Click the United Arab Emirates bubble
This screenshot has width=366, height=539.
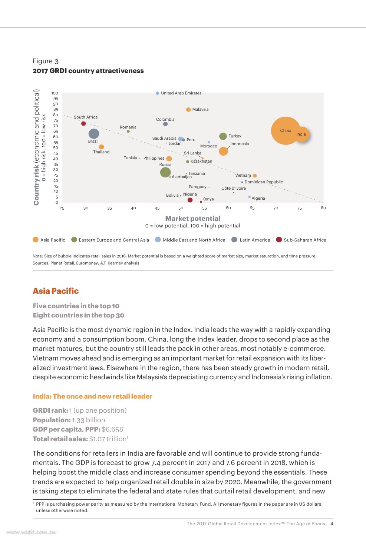(x=158, y=93)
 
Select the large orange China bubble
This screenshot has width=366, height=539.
(x=286, y=131)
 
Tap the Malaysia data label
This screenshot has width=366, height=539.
(x=200, y=109)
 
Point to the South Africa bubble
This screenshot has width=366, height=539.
(x=83, y=123)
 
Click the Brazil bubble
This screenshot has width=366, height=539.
(x=94, y=134)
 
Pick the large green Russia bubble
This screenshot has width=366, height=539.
(x=165, y=172)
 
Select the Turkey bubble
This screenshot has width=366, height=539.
(x=223, y=136)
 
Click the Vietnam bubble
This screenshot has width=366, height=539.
(x=255, y=176)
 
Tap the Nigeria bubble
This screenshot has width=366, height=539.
(x=190, y=200)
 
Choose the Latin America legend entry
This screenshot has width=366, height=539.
(x=255, y=240)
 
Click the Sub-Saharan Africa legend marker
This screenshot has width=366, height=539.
(x=279, y=240)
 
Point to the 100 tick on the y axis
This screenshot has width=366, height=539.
(x=55, y=93)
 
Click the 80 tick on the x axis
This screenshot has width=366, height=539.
(x=323, y=208)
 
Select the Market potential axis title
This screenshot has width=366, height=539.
(x=192, y=219)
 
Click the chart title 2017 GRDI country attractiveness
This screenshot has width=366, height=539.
(x=88, y=71)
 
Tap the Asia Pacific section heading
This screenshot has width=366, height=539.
(x=56, y=291)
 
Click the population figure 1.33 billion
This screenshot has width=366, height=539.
(x=88, y=420)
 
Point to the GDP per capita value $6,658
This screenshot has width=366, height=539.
(x=112, y=429)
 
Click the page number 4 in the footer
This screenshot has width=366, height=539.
(x=332, y=524)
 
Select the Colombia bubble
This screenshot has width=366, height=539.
(x=165, y=124)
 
